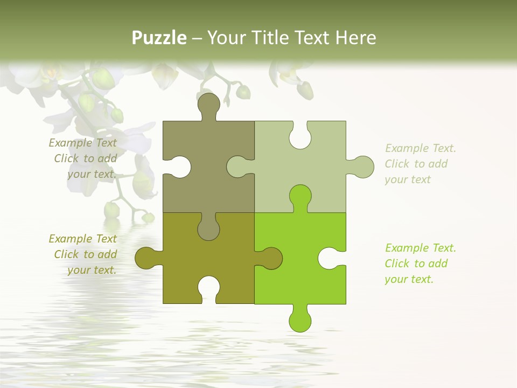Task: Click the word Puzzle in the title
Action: tap(159, 38)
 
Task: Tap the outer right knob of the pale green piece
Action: tap(362, 167)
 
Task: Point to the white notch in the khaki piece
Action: tap(180, 167)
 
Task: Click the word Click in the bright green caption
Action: tap(397, 264)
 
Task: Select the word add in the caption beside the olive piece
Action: tap(107, 254)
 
